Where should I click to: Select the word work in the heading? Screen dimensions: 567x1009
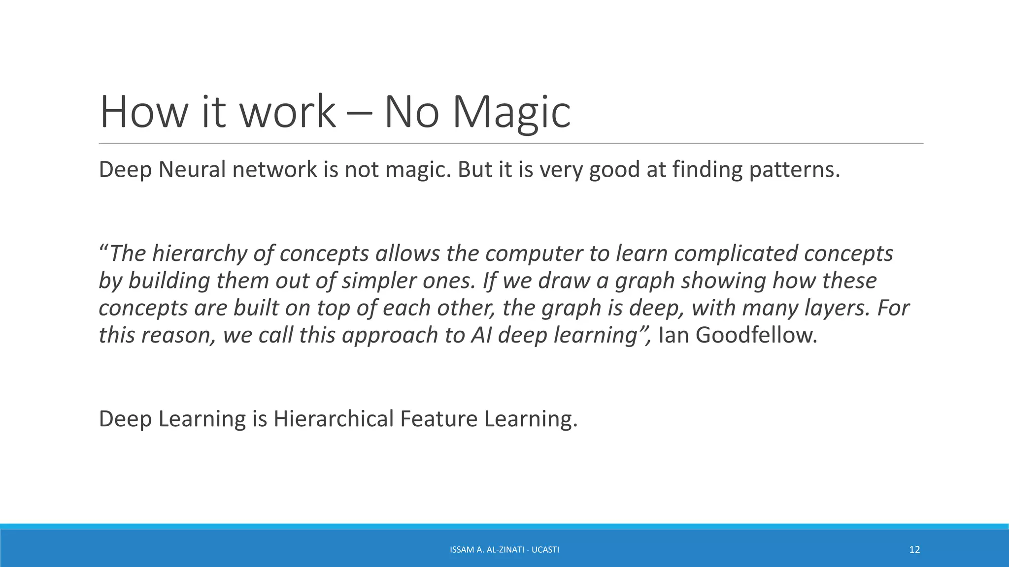[287, 113]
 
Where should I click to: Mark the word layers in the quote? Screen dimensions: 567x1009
[837, 308]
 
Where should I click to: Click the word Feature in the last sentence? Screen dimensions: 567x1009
[438, 419]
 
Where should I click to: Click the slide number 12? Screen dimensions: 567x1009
[914, 550]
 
